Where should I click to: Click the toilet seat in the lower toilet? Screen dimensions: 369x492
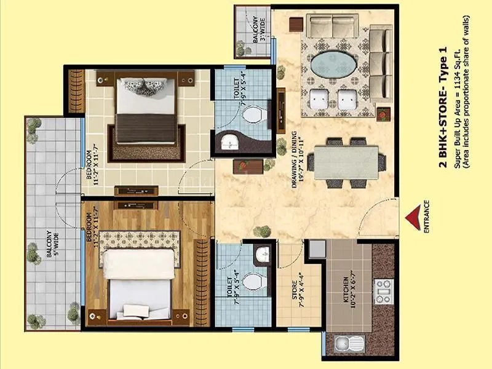(x=251, y=282)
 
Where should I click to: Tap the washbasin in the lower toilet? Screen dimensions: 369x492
(x=262, y=252)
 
